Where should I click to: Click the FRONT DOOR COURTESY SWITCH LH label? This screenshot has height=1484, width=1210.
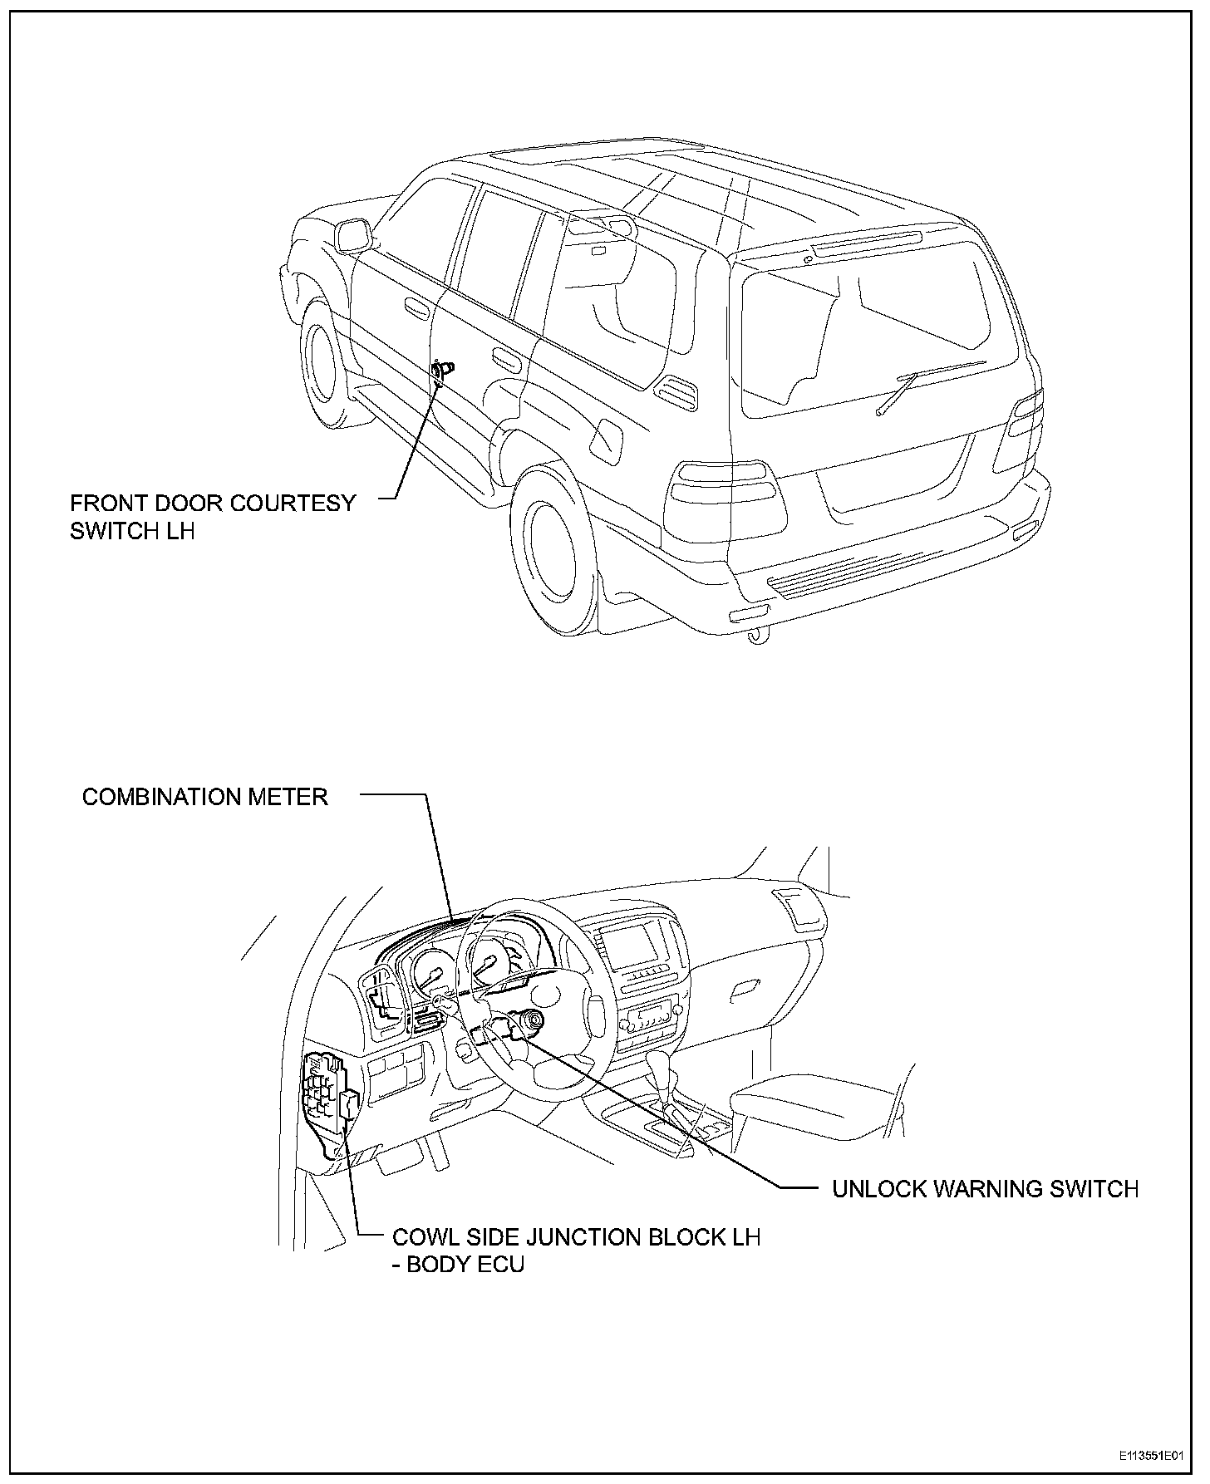coord(212,516)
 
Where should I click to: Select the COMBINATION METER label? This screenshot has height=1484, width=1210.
coord(205,797)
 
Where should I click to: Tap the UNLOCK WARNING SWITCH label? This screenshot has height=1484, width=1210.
coord(985,1188)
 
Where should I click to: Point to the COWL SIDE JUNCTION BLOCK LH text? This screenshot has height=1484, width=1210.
coord(576,1236)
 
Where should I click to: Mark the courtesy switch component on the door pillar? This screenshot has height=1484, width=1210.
coord(441,370)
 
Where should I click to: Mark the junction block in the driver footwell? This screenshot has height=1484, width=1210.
coord(327,1092)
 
